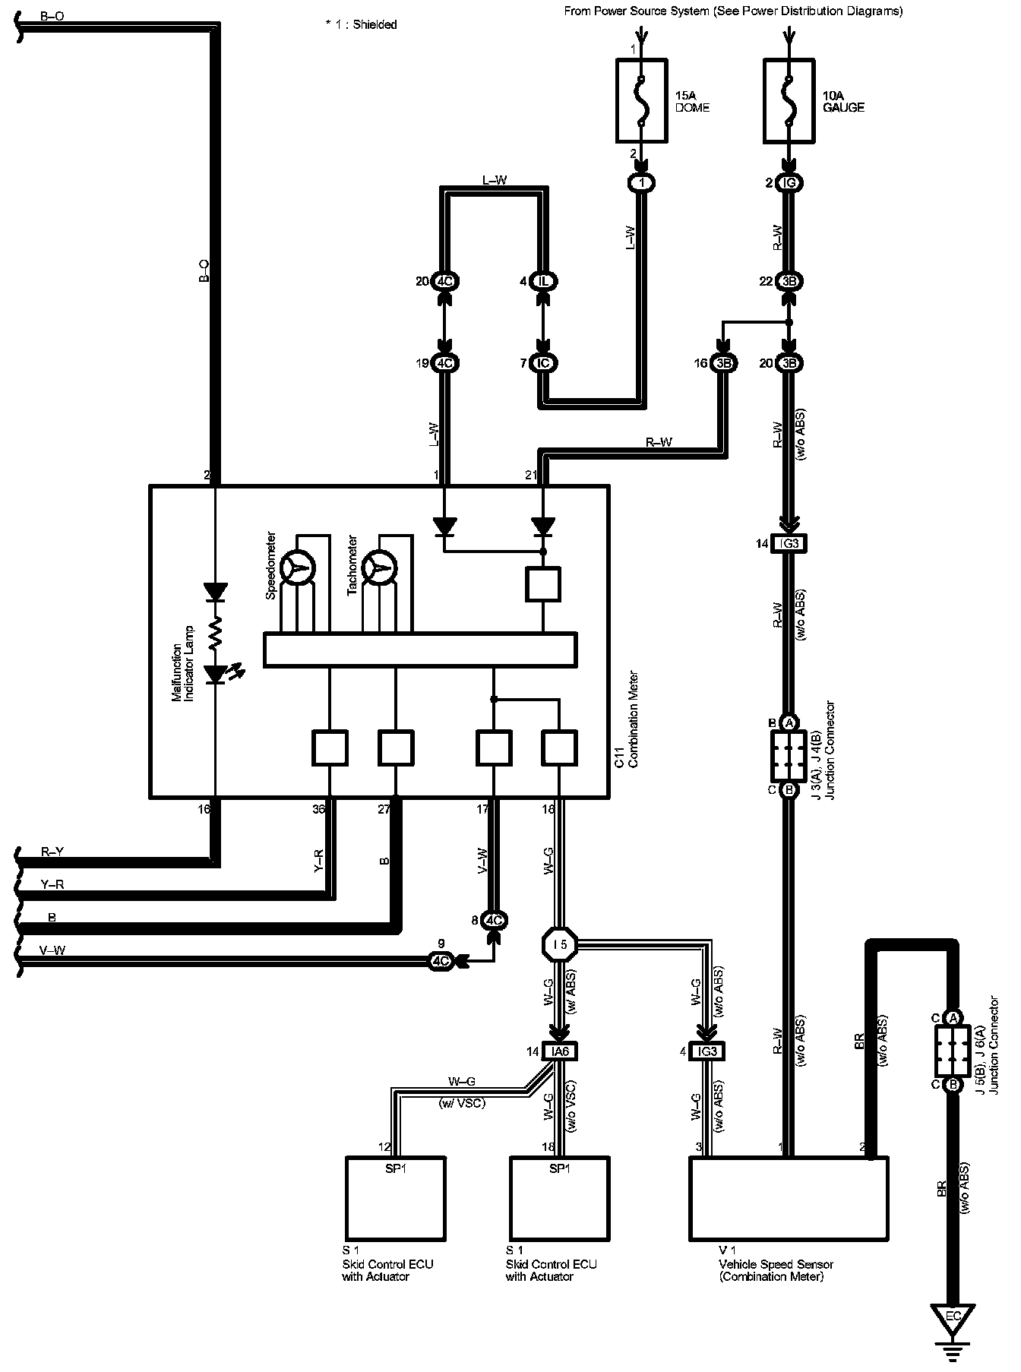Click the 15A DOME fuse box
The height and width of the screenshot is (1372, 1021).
641,102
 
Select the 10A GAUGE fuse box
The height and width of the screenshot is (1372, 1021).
790,102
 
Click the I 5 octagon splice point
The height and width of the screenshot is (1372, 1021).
560,945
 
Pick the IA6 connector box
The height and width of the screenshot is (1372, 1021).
561,1051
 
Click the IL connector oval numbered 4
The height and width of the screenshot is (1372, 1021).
544,281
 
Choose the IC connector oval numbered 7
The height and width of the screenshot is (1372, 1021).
544,363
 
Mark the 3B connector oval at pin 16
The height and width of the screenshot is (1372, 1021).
723,363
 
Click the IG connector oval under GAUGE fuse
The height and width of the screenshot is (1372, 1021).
790,183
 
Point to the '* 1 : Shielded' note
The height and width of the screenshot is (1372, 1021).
361,24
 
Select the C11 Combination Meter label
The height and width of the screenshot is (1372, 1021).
626,719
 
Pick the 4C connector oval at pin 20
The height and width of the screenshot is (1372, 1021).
445,281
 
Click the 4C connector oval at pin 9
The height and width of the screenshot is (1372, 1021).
441,961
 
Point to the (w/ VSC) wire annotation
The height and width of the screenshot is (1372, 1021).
462,1103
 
